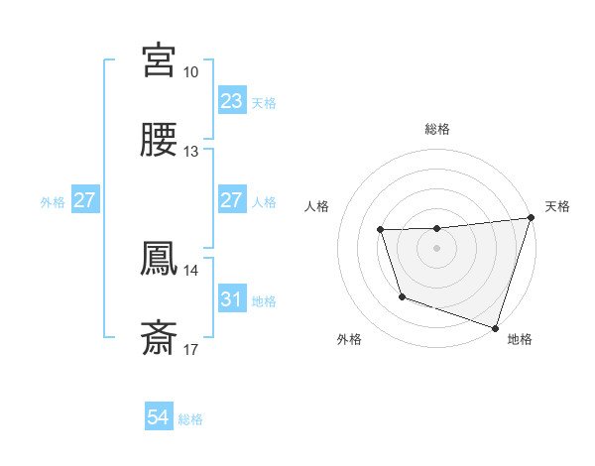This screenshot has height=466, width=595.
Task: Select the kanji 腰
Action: point(160,140)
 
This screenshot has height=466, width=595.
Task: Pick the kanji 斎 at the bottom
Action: point(160,338)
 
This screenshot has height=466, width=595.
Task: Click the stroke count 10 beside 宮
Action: point(191,72)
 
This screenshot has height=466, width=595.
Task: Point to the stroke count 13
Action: point(191,152)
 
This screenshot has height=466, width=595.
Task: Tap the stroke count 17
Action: point(191,350)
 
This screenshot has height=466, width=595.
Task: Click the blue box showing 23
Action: point(231,101)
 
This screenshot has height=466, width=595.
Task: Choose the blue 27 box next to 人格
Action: point(231,200)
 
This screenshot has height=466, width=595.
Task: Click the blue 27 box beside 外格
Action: point(84,200)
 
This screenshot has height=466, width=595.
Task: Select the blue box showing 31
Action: point(231,299)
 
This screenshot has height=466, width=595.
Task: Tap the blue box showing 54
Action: point(158,417)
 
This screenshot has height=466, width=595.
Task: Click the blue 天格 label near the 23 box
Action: point(264,103)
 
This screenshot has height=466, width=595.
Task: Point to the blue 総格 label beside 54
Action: point(190,419)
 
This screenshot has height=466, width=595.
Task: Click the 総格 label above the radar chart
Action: point(437,129)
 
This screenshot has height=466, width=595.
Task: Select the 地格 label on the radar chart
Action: point(520,339)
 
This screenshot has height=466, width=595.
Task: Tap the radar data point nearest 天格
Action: point(531,218)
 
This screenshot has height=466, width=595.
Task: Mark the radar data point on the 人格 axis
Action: point(381,230)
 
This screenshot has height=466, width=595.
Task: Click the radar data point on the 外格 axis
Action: point(402,296)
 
